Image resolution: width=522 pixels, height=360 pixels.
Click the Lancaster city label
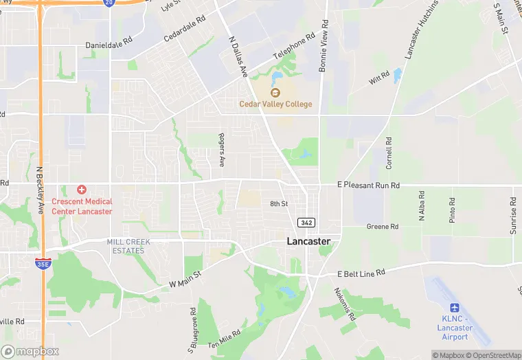pyautogui.click(x=308, y=241)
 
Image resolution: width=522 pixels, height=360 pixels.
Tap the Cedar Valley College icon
pyautogui.click(x=275, y=93)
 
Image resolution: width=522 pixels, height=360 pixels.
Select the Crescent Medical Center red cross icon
pyautogui.click(x=81, y=189)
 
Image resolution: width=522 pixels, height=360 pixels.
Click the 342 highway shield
pyautogui.click(x=306, y=223)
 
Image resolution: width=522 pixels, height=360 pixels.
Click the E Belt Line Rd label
pyautogui.click(x=361, y=273)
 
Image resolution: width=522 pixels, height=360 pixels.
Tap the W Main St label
pyautogui.click(x=184, y=279)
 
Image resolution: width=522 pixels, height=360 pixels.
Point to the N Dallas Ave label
pyautogui.click(x=236, y=56)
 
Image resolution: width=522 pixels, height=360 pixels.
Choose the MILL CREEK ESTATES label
pyautogui.click(x=128, y=246)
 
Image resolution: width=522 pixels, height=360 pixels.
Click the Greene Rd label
pyautogui.click(x=383, y=226)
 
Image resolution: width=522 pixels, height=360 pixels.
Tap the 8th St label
pyautogui.click(x=278, y=204)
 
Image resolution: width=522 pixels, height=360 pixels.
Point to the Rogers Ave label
pyautogui.click(x=222, y=150)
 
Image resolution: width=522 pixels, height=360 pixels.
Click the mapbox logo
pyautogui.click(x=30, y=351)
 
